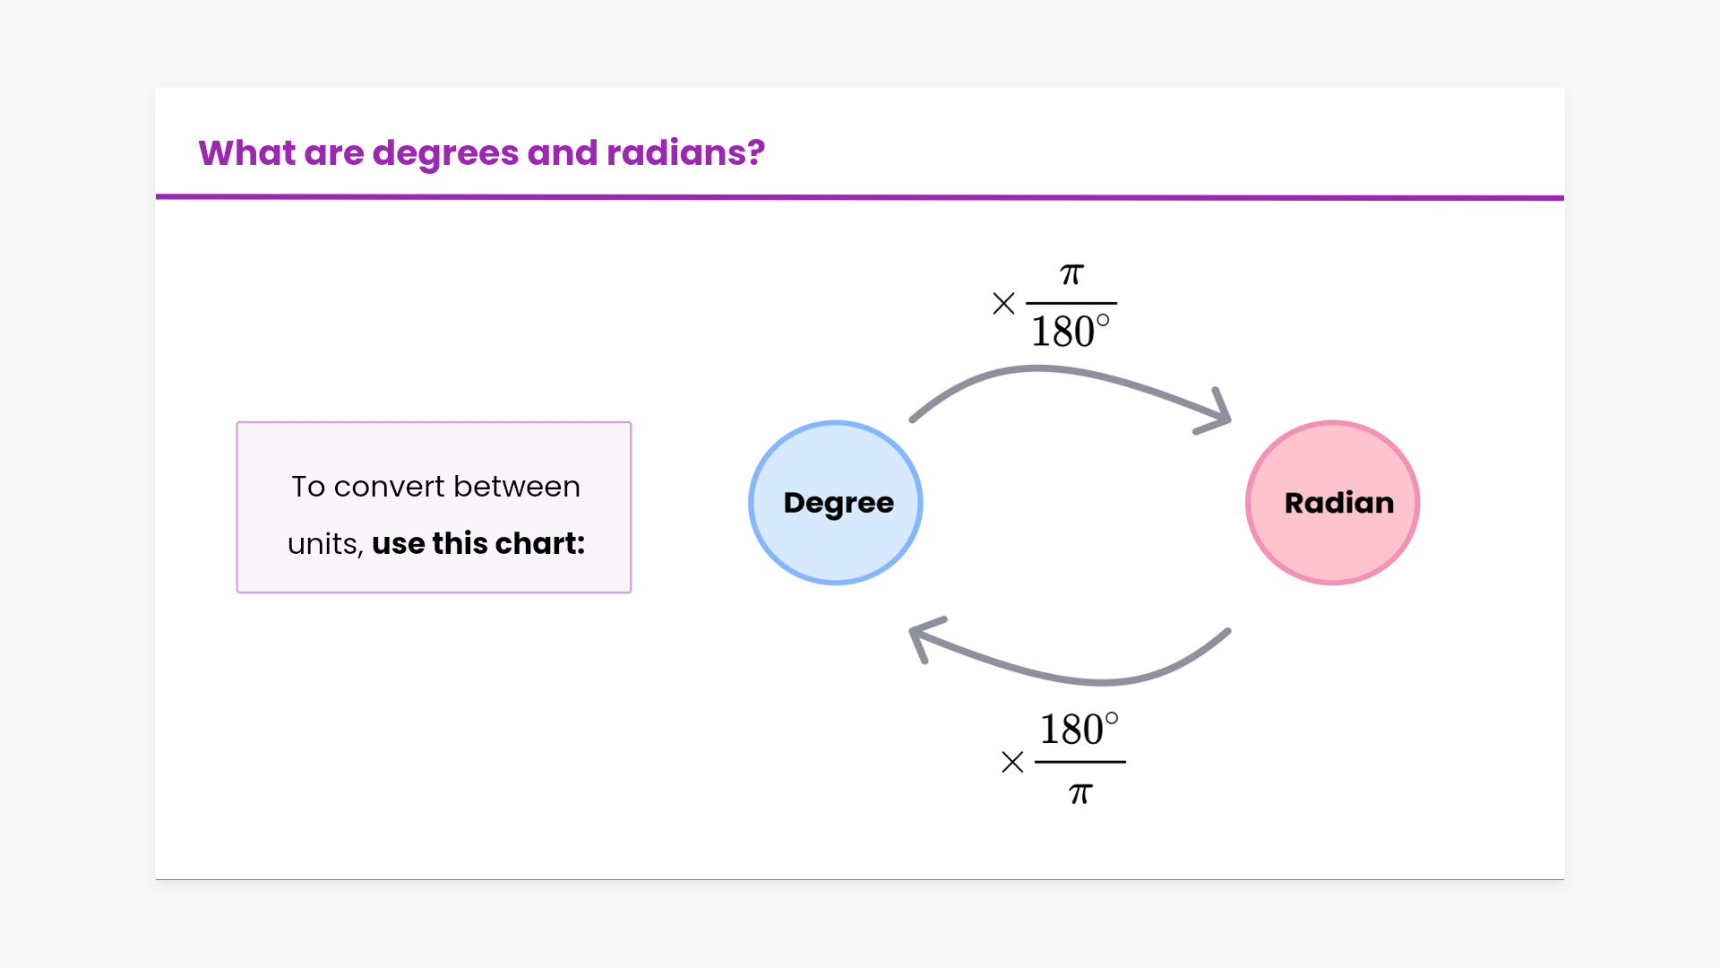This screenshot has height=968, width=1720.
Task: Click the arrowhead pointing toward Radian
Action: click(x=1218, y=415)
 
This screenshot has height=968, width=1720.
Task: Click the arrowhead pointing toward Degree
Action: click(x=923, y=635)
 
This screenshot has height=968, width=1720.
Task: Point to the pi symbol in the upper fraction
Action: click(x=1071, y=274)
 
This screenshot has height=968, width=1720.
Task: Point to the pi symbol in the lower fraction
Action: click(x=1080, y=793)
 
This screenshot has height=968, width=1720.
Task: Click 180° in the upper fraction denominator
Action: click(x=1070, y=332)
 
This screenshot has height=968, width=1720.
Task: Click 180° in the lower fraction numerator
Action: click(x=1079, y=730)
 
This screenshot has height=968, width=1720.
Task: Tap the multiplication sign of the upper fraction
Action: click(x=1003, y=303)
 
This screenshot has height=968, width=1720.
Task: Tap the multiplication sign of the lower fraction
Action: click(x=1012, y=762)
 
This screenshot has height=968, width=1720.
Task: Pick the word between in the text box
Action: click(x=517, y=487)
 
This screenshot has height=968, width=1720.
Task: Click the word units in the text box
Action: click(x=324, y=544)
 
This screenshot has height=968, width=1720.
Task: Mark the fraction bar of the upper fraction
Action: click(x=1071, y=303)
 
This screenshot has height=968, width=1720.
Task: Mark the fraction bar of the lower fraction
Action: click(x=1080, y=762)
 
